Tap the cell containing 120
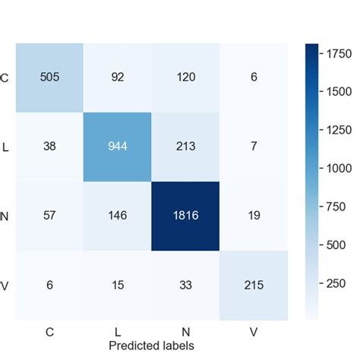185,77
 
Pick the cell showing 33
185,283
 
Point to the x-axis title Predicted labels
150,346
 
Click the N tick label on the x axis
185,332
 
